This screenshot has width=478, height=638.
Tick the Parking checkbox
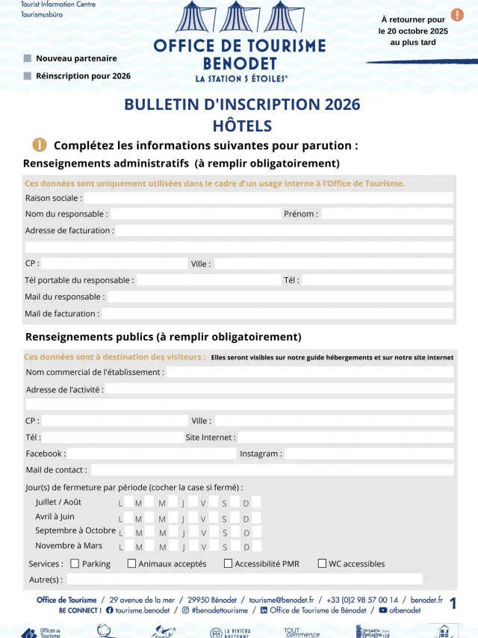click(75, 563)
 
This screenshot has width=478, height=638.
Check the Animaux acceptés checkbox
click(131, 563)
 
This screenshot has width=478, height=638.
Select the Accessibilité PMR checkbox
click(228, 563)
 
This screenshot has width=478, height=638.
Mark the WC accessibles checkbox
click(322, 563)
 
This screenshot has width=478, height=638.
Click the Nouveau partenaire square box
click(28, 58)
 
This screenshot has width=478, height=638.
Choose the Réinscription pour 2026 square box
click(28, 75)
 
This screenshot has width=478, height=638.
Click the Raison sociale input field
click(268, 198)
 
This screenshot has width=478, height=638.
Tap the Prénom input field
click(386, 214)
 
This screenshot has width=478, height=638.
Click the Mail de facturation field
click(277, 314)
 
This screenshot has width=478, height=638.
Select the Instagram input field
click(369, 453)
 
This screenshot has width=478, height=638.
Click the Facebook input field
click(152, 453)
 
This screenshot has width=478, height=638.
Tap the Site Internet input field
click(345, 437)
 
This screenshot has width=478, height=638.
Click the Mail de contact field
click(271, 470)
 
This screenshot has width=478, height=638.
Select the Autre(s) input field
click(245, 579)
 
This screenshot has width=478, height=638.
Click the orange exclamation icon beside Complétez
click(39, 145)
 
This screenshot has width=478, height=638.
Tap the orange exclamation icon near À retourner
click(456, 15)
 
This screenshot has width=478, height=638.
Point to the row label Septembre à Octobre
click(75, 530)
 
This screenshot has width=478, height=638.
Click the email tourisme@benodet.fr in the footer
click(282, 600)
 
